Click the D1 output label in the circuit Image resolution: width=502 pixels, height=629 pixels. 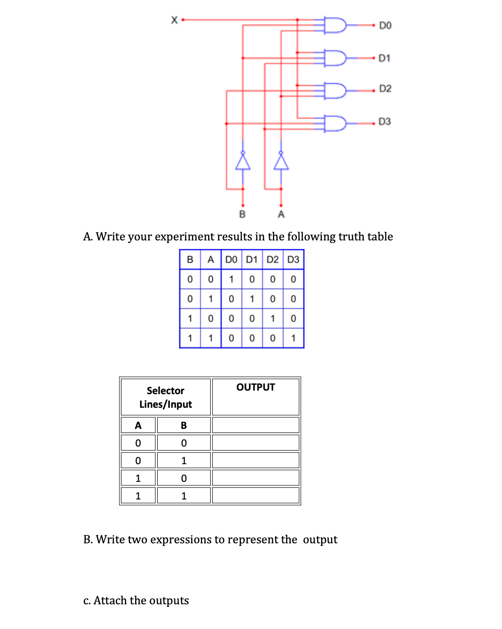coord(384,58)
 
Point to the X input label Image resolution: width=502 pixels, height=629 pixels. coord(174,20)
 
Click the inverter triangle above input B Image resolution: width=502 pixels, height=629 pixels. coord(243,162)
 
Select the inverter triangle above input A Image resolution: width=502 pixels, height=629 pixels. coord(281,162)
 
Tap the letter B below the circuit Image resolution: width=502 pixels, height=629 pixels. coord(242,214)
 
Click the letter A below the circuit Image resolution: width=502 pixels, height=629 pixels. coord(281,214)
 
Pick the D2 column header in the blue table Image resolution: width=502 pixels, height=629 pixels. coord(272,260)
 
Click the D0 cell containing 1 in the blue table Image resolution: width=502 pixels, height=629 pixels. coord(231,279)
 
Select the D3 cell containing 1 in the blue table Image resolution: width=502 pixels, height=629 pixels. coord(293,338)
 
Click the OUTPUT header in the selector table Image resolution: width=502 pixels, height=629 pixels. coord(256,387)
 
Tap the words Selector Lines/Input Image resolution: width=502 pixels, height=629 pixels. coord(165,397)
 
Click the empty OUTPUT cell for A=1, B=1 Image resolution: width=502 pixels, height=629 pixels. coord(256,495)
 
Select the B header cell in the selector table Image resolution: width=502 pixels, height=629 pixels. coord(183,425)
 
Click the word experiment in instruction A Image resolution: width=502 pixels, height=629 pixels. coord(185,236)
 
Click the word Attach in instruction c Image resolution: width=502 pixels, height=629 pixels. coord(110,600)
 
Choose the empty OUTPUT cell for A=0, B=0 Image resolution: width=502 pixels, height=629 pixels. coord(256,443)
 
